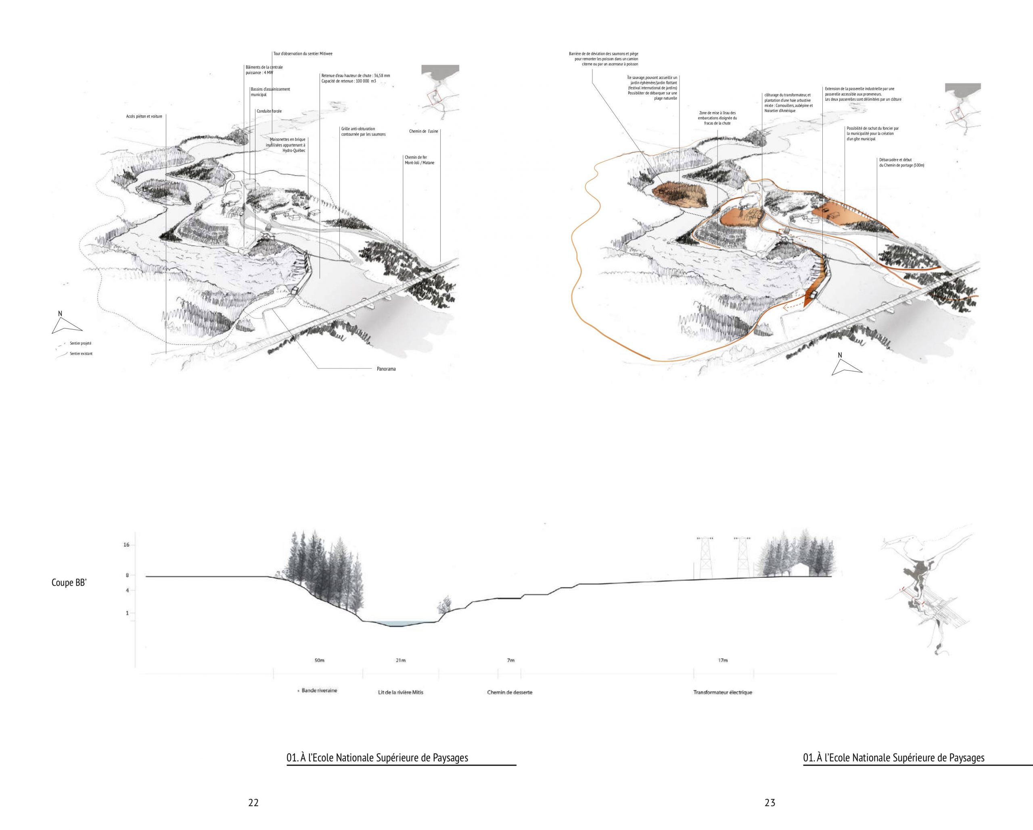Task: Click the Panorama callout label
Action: point(386,369)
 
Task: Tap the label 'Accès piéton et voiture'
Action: point(144,116)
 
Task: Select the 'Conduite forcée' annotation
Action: point(269,111)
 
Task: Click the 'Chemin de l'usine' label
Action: point(424,131)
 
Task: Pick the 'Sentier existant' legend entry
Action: point(81,354)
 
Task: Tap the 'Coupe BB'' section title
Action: point(69,583)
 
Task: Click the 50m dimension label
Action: point(319,661)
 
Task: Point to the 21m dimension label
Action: point(401,661)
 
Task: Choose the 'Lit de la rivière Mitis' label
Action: point(401,692)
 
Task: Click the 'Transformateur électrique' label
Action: point(723,692)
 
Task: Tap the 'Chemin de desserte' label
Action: point(510,692)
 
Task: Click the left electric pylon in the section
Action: point(704,557)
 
